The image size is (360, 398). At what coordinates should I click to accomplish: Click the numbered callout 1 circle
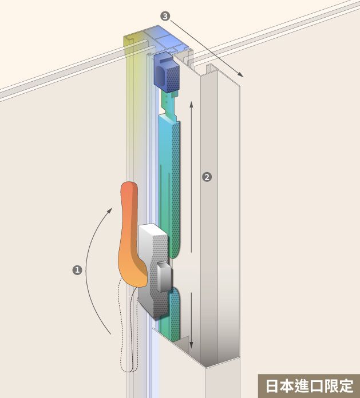[x=77, y=270]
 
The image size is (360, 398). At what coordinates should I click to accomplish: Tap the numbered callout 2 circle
[x=207, y=177]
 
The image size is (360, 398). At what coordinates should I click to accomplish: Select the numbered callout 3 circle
[x=165, y=16]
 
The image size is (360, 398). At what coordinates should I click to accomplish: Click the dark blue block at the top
[x=167, y=72]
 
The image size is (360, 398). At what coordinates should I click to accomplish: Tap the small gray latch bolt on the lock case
[x=164, y=277]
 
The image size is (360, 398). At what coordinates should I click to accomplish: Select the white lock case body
[x=154, y=270]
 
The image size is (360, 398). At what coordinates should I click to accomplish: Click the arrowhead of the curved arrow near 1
[x=109, y=211]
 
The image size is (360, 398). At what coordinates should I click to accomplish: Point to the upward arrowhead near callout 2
[x=192, y=104]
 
